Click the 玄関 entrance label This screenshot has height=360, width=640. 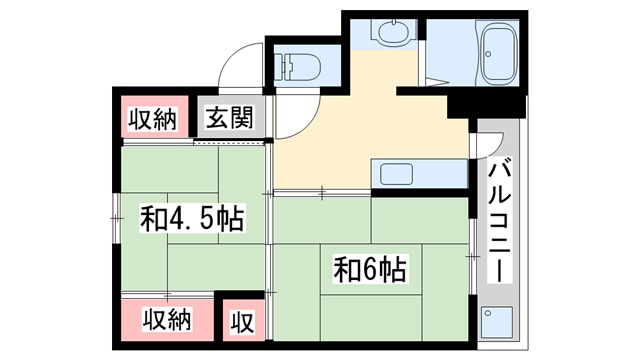pos(230,118)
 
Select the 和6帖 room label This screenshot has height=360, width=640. pos(370,269)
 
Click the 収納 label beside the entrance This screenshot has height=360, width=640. pos(153,119)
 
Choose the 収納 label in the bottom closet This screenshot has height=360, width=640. pos(167,319)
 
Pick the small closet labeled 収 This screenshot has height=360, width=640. pos(242,322)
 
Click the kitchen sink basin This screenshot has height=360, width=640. pos(396,174)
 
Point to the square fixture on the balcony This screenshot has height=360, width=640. pos(497,322)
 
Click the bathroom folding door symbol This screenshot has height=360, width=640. pos(436,82)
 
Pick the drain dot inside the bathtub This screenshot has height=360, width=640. pos(488,53)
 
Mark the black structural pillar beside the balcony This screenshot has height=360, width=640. pos(486,106)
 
